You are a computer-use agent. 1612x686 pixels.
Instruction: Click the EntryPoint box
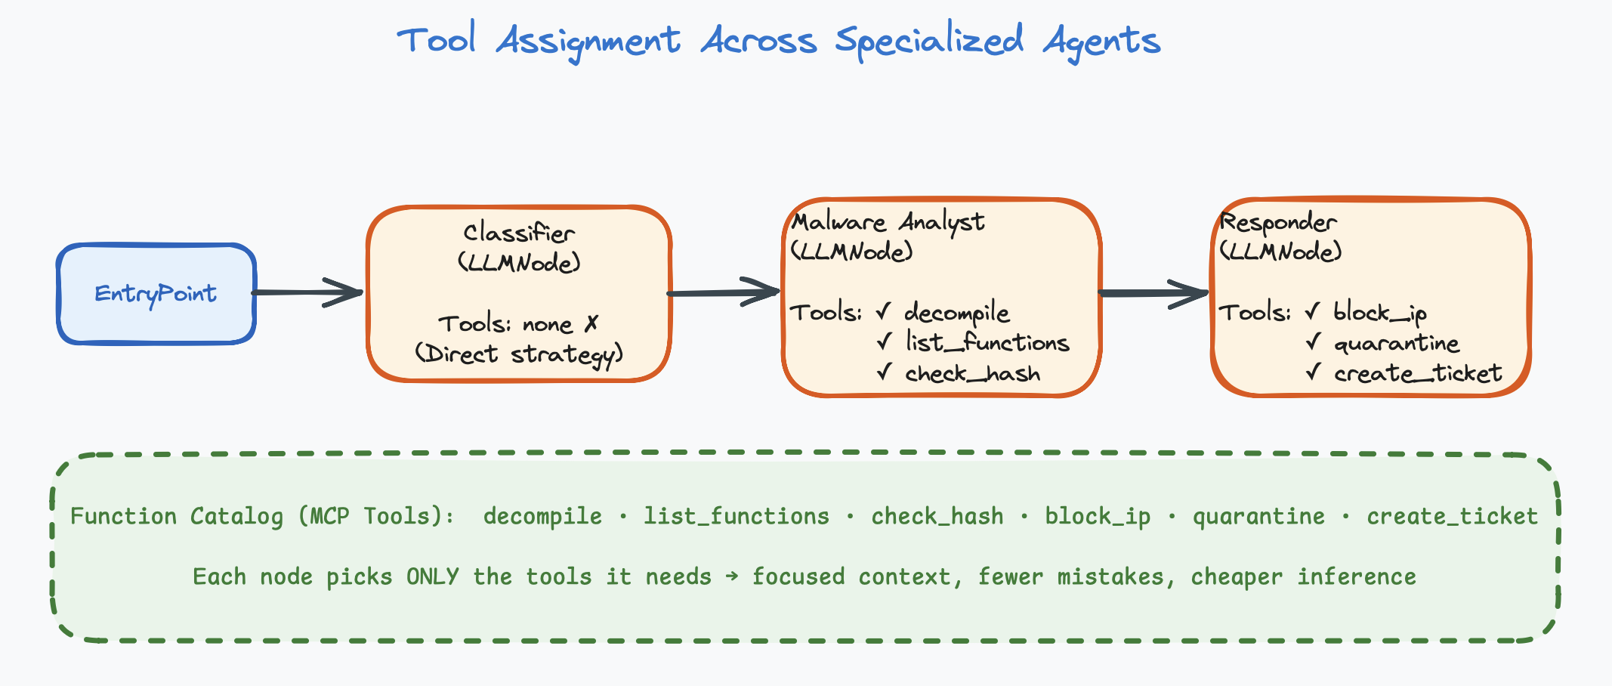(156, 294)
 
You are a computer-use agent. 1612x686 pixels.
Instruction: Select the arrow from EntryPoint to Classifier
(306, 292)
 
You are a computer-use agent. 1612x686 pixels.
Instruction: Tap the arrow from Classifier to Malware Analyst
(723, 292)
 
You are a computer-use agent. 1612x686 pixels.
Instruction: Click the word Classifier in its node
(519, 233)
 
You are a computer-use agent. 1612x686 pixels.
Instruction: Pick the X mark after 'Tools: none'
(591, 324)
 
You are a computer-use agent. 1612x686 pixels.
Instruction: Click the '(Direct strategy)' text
(519, 354)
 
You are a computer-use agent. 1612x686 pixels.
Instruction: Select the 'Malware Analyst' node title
(888, 222)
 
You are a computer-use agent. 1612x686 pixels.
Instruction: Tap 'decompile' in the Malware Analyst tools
(956, 313)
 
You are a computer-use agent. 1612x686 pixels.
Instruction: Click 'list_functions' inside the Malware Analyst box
(987, 343)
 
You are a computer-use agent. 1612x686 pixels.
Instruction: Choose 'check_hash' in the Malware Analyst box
(972, 374)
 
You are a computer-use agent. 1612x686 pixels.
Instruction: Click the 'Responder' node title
(1278, 222)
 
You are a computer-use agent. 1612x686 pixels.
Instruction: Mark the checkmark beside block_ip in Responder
(1313, 311)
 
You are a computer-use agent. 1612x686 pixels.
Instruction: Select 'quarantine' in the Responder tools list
(1396, 344)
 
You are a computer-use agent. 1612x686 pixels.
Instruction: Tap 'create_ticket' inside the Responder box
(1417, 374)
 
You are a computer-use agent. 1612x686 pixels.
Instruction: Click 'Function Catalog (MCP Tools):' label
(262, 516)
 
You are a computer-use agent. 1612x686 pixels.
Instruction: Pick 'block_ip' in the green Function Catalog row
(1098, 516)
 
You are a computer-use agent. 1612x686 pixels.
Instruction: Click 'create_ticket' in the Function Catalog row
(1452, 516)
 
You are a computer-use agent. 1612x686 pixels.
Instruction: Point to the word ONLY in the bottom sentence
(432, 576)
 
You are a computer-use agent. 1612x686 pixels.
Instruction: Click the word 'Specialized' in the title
(930, 41)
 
